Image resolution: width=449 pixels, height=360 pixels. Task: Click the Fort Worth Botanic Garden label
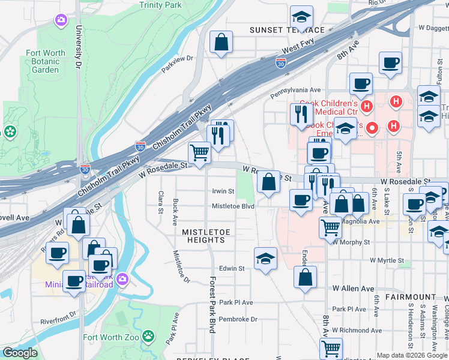[46, 61]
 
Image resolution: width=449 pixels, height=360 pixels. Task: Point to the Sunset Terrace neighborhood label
[287, 30]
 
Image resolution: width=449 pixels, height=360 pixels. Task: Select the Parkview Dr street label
[177, 63]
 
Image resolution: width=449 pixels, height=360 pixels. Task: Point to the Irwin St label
[222, 191]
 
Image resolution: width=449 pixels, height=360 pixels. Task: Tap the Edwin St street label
[232, 269]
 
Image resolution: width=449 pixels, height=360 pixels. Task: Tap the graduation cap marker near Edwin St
[265, 259]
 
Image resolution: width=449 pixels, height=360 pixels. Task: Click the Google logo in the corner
[20, 352]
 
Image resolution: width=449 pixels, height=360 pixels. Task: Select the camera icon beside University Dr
[61, 21]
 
